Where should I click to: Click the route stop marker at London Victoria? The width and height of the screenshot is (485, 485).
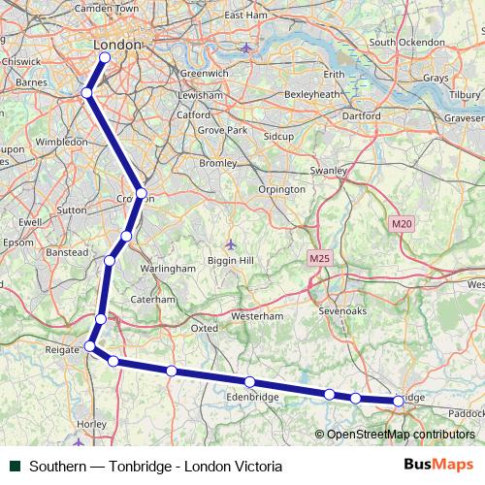[x=104, y=57]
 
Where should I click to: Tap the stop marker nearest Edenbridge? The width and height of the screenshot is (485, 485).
[x=250, y=381]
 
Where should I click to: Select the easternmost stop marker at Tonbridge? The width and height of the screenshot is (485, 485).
[x=399, y=401]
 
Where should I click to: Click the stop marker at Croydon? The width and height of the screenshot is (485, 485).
[x=142, y=194]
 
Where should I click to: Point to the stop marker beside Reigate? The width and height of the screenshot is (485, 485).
[x=90, y=345]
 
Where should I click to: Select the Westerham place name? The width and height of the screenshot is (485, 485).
[x=258, y=316]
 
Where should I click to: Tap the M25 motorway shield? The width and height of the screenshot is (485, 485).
[x=320, y=259]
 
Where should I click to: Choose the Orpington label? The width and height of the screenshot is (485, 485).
[x=280, y=189]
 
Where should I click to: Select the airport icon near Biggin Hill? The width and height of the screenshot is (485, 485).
[x=230, y=243]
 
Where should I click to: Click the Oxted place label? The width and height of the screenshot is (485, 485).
[x=204, y=328]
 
